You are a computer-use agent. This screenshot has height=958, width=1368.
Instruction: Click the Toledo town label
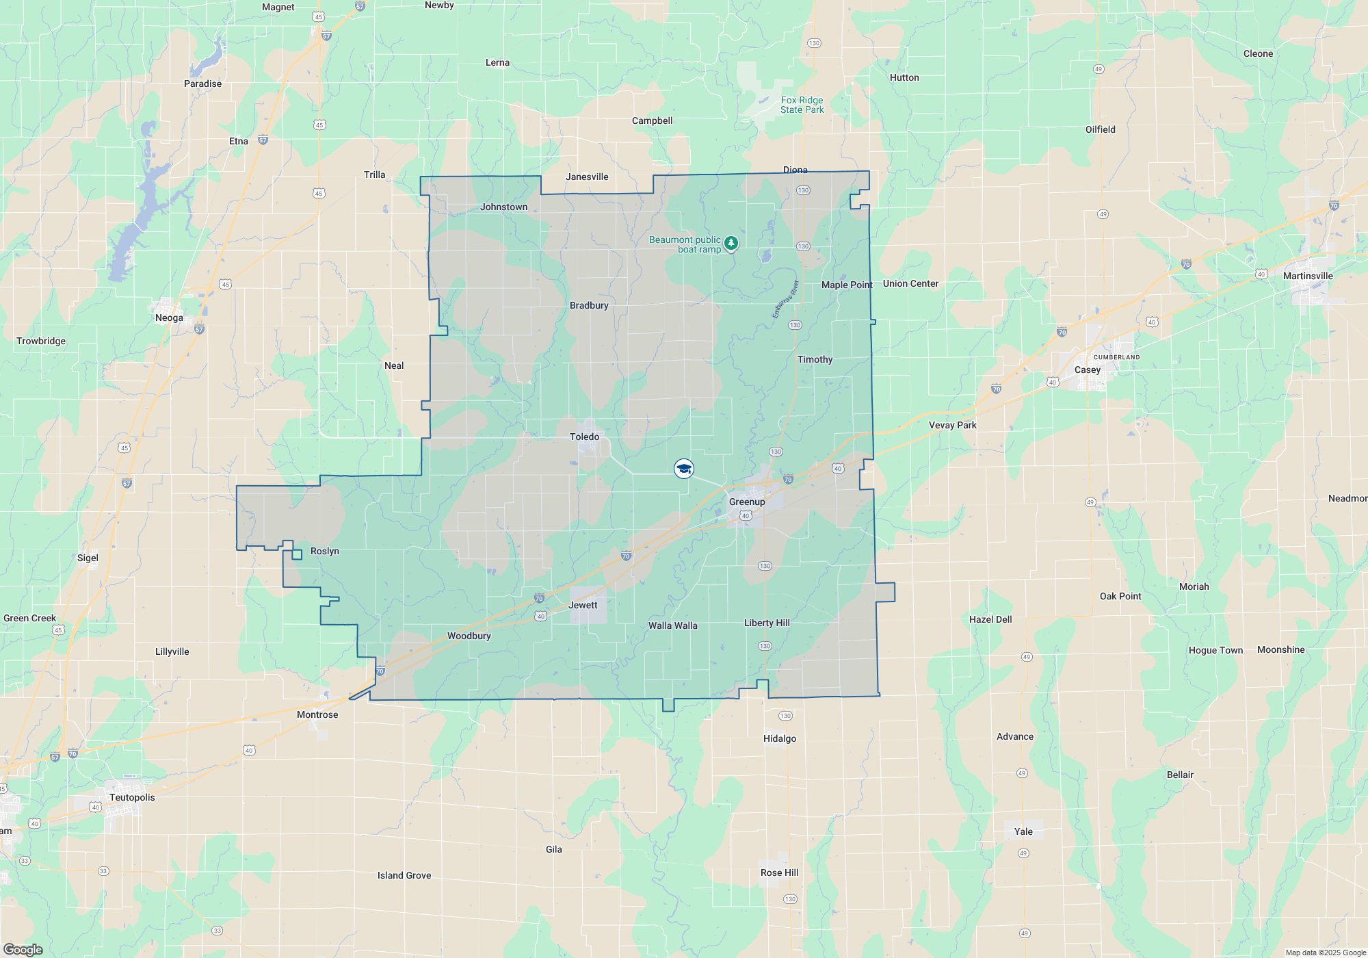[x=584, y=437]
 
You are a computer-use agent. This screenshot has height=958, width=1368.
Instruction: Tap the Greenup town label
[x=747, y=502]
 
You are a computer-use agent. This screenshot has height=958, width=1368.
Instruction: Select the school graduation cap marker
[x=684, y=469]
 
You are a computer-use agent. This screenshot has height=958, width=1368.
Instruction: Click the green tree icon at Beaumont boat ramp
[x=731, y=243]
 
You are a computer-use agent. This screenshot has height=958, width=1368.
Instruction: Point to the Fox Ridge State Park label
[x=802, y=105]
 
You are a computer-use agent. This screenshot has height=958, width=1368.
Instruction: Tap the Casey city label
[x=1087, y=370]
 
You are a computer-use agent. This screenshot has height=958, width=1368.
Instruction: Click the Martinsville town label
[x=1308, y=276]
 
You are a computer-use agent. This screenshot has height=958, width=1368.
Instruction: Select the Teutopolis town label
[x=132, y=797]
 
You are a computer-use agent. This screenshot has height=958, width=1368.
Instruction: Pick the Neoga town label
[x=169, y=318]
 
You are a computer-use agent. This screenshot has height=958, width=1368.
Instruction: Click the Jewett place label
[x=583, y=605]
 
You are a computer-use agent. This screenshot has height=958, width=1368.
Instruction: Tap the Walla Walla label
[x=672, y=625]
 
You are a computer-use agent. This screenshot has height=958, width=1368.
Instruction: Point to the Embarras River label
[x=785, y=299]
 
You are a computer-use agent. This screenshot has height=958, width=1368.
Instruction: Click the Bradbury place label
[x=589, y=305]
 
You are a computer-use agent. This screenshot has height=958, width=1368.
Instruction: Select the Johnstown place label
[x=503, y=207]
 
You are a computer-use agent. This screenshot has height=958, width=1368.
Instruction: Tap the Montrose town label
[x=317, y=714]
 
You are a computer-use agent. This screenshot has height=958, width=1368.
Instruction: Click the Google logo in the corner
[x=23, y=949]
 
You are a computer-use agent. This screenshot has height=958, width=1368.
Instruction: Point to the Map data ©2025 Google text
[x=1325, y=953]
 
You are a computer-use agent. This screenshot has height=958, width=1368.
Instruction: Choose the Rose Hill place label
[x=779, y=872]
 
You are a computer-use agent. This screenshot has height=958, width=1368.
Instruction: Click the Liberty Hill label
[x=767, y=623]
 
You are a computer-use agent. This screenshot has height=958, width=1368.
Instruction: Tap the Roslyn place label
[x=324, y=551]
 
